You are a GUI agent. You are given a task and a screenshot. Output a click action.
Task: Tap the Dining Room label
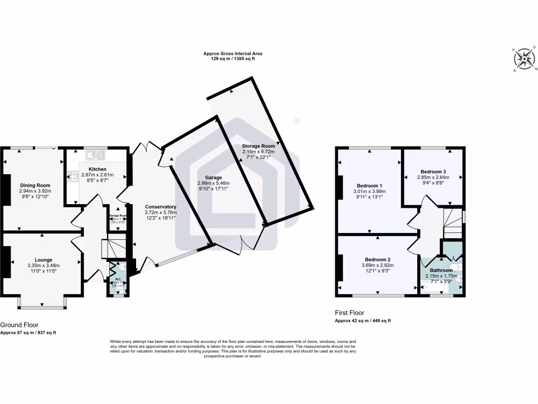(35, 185)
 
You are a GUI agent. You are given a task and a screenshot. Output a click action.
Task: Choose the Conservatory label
(161, 207)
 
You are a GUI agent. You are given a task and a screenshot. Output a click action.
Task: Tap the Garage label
(213, 178)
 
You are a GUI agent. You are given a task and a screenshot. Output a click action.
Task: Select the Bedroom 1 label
(369, 185)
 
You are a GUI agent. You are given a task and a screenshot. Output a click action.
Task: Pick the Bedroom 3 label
(433, 171)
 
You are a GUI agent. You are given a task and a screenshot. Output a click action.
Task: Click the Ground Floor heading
(19, 325)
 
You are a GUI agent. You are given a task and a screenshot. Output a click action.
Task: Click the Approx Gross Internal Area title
(233, 53)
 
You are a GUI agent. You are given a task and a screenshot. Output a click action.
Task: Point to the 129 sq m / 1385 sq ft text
(233, 59)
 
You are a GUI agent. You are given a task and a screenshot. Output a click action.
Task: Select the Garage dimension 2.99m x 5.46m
(213, 184)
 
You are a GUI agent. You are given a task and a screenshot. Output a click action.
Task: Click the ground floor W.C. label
(118, 279)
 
